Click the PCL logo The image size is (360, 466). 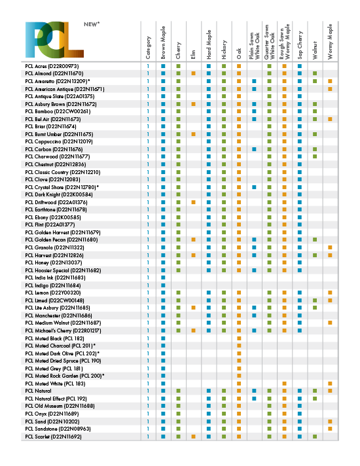(54, 41)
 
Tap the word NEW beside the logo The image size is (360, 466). (91, 24)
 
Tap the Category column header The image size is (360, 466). (149, 48)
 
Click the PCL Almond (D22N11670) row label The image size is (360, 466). (54, 73)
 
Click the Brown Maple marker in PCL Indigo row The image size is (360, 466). (163, 285)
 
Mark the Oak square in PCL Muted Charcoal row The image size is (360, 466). (239, 346)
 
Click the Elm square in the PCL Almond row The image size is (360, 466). (193, 73)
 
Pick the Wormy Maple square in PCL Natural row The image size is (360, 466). (330, 391)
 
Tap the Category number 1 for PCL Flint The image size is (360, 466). (149, 224)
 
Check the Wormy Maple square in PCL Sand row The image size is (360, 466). (330, 421)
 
